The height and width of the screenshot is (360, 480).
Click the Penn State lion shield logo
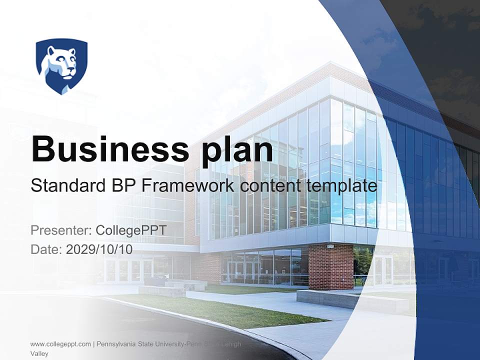(x=61, y=65)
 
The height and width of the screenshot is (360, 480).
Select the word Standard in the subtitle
(x=66, y=186)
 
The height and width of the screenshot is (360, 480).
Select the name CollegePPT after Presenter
(x=130, y=230)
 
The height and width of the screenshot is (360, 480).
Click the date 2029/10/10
(x=99, y=249)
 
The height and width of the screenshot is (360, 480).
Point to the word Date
(x=46, y=249)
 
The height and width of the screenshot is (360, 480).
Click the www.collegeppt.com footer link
(x=60, y=344)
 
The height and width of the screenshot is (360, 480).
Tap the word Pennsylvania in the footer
(x=118, y=344)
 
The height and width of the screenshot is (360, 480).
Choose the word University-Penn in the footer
(x=183, y=344)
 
